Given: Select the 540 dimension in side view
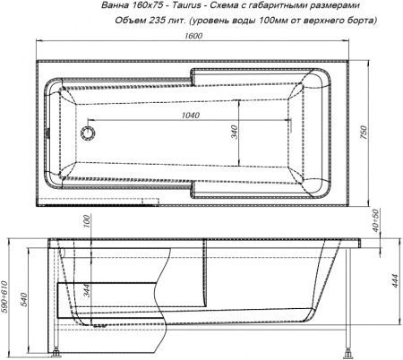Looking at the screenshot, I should (26, 290).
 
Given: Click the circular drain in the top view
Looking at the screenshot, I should (88, 132).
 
